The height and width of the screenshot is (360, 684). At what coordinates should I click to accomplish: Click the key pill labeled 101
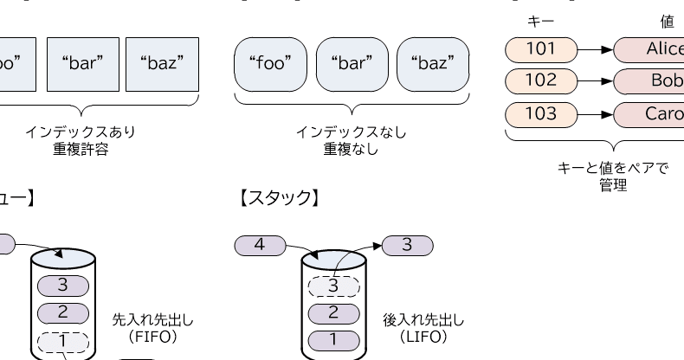[541, 49]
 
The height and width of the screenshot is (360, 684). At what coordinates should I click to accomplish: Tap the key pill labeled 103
[541, 114]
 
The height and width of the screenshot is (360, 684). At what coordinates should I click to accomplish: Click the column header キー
[540, 19]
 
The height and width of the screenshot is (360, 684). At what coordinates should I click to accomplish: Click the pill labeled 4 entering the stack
[258, 245]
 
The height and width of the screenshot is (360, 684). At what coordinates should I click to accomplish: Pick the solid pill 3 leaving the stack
[407, 245]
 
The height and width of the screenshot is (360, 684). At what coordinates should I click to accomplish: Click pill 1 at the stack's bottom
[333, 339]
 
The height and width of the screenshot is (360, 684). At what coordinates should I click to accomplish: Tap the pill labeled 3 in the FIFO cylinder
[62, 286]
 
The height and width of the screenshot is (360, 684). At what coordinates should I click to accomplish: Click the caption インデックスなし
[351, 132]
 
